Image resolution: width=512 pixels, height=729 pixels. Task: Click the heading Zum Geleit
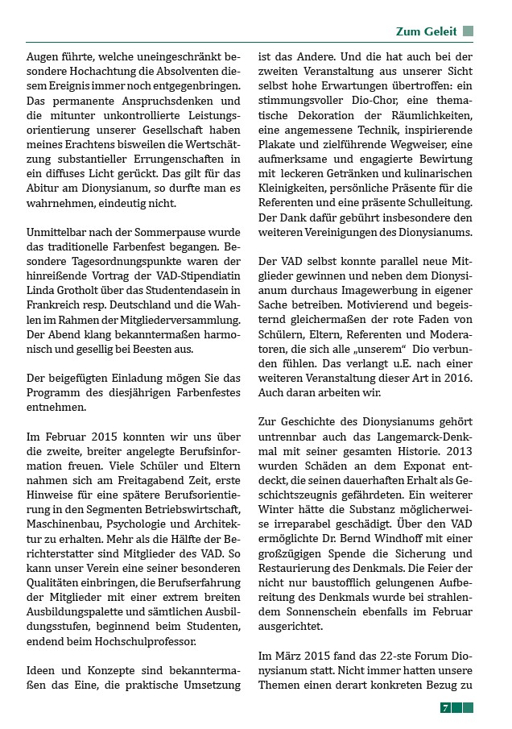tap(426, 31)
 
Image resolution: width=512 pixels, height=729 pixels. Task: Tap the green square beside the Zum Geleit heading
tap(469, 31)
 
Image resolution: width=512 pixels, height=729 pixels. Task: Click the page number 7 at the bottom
tap(444, 707)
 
